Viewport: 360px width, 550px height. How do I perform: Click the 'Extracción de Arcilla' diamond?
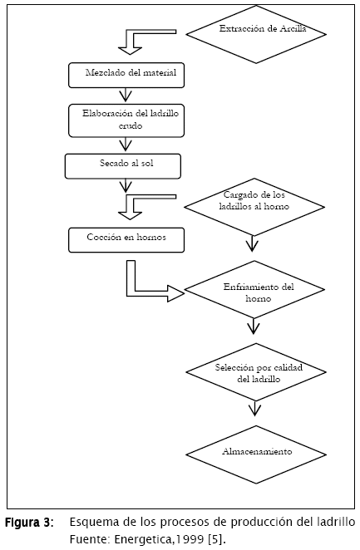256,34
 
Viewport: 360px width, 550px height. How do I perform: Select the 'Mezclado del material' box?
126,75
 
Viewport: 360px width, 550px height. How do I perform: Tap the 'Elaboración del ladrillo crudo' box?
126,120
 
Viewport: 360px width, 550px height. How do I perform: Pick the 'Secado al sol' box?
123,166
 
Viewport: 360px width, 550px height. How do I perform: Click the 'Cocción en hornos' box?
126,240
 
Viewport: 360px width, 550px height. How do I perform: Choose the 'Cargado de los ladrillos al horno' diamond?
254,207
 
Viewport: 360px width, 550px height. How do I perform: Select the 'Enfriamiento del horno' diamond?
254,289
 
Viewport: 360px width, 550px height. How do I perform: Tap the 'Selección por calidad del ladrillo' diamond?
256,372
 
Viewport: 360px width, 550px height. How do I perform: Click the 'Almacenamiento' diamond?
256,454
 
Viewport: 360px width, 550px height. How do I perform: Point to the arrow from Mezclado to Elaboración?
126,95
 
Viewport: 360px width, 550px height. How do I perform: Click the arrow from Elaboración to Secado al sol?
126,145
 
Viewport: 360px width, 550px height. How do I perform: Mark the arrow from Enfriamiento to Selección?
254,327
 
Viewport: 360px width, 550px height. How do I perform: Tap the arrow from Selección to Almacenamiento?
254,408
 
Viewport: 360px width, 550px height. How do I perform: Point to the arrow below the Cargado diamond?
252,243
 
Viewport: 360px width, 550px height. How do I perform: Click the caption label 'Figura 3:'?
29,523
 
